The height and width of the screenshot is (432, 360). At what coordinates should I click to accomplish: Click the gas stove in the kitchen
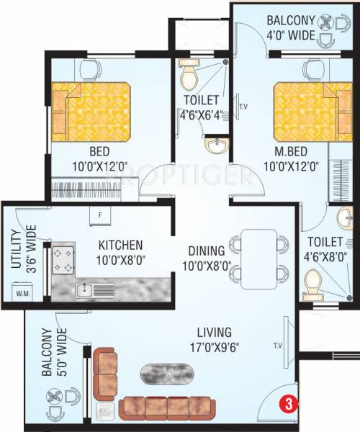coord(62,261)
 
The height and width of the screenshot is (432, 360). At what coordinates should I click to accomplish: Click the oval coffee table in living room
coord(168,373)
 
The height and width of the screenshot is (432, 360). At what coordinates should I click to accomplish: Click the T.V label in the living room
coord(277,345)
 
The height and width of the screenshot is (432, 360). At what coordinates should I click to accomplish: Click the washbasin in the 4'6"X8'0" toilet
coord(341,218)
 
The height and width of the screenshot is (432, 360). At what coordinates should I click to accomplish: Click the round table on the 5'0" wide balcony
coord(55,395)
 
